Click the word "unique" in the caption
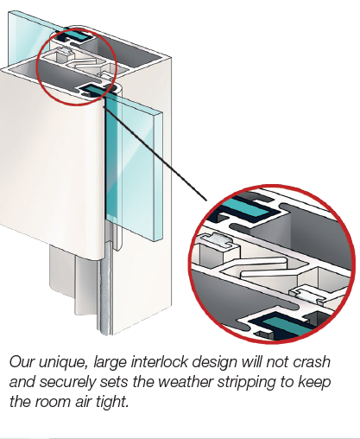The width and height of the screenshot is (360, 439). [63, 363]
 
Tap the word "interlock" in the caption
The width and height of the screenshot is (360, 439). [159, 362]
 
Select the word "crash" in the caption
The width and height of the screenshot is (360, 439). [312, 362]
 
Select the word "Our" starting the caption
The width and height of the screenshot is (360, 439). [22, 362]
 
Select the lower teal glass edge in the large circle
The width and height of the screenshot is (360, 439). [287, 326]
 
